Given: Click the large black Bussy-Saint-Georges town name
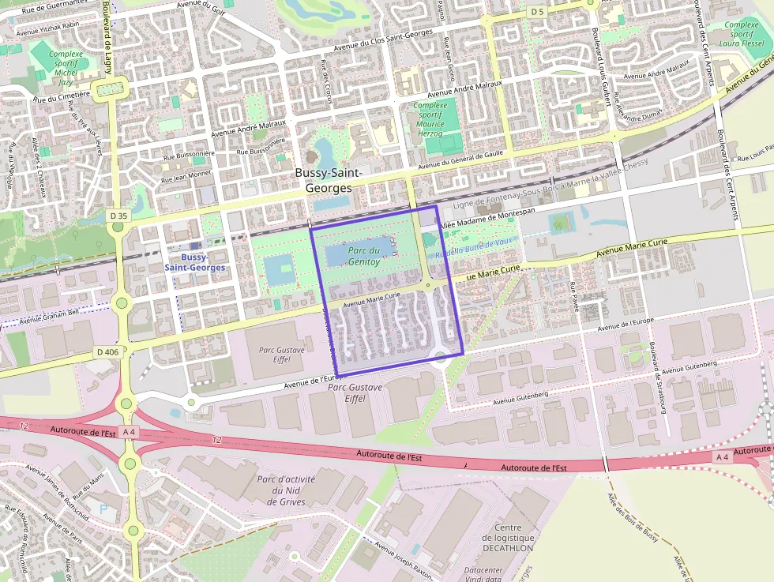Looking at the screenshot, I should click(329, 181).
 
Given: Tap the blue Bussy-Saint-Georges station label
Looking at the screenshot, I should click(194, 262).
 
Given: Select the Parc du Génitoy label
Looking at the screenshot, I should click(364, 256).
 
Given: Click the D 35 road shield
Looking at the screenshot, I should click(118, 216).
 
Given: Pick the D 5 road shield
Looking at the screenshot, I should click(537, 12).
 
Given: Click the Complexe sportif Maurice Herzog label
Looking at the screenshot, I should click(430, 118).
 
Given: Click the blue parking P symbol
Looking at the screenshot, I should click(103, 509).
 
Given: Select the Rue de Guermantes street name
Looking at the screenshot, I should click(53, 9).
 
